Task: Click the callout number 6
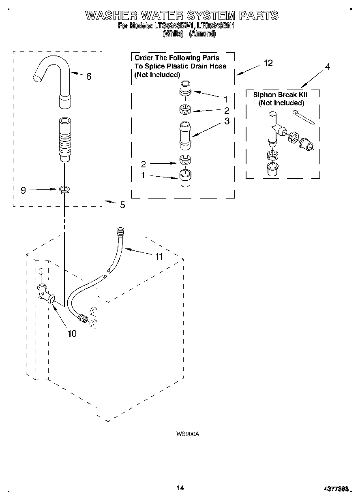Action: [89, 76]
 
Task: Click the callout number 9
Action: [23, 190]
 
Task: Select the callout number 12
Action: [268, 63]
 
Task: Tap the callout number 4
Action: [328, 67]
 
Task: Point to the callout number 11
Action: [159, 257]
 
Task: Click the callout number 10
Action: [72, 334]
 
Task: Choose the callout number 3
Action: [227, 121]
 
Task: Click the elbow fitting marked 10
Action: [45, 294]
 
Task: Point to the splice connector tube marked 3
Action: [185, 133]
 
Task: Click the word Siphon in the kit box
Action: [265, 95]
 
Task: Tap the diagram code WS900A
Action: [187, 434]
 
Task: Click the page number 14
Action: [180, 488]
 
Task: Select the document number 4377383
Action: [336, 489]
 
